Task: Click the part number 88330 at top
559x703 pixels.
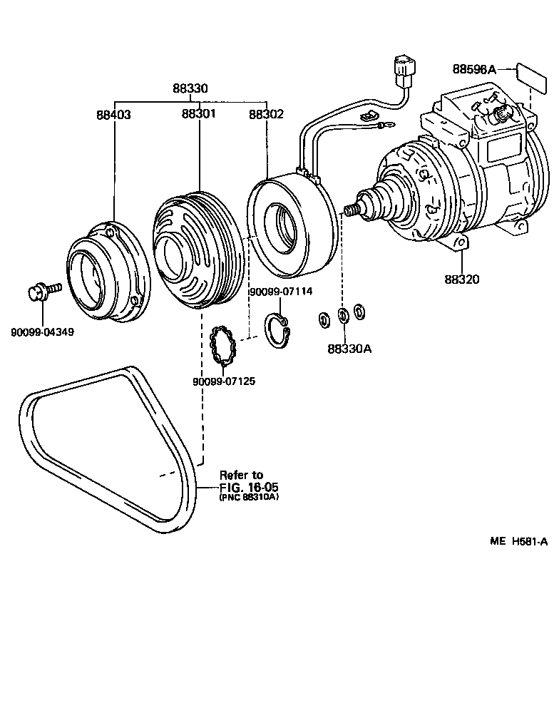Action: click(190, 89)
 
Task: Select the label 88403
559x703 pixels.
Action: click(114, 113)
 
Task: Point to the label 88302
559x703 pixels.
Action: click(266, 113)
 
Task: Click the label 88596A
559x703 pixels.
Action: click(473, 69)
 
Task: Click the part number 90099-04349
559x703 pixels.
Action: click(42, 332)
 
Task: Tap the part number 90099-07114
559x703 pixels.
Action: click(279, 292)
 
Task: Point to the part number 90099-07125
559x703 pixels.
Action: click(224, 381)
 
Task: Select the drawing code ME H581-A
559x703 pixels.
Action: click(518, 542)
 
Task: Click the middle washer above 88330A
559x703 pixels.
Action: click(343, 314)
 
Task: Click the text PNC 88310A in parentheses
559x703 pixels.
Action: click(248, 498)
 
